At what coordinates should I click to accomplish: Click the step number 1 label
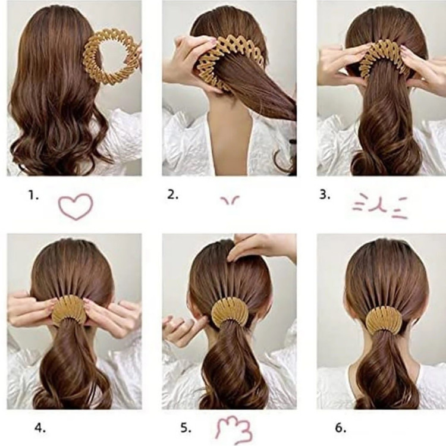click(x=33, y=195)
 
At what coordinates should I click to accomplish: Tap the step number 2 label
click(x=172, y=194)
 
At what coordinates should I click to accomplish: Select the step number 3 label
click(x=325, y=195)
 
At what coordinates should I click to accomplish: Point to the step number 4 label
click(x=40, y=428)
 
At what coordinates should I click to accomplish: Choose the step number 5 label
click(x=186, y=428)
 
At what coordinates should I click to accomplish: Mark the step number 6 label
click(x=341, y=428)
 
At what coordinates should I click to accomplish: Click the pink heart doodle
click(x=76, y=206)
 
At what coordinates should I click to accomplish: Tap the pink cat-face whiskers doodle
click(x=381, y=206)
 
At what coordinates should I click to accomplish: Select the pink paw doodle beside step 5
click(x=234, y=430)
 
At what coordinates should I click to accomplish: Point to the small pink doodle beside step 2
click(x=230, y=200)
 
